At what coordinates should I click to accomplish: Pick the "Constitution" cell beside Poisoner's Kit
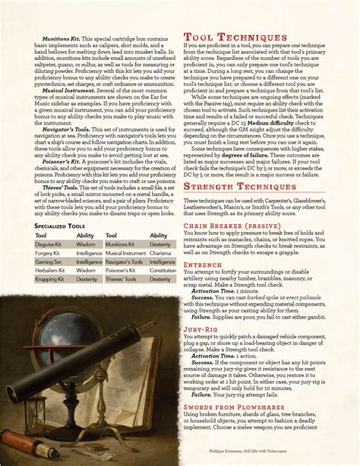pos(163,270)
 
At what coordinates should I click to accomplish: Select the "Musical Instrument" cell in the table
pos(125,253)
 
